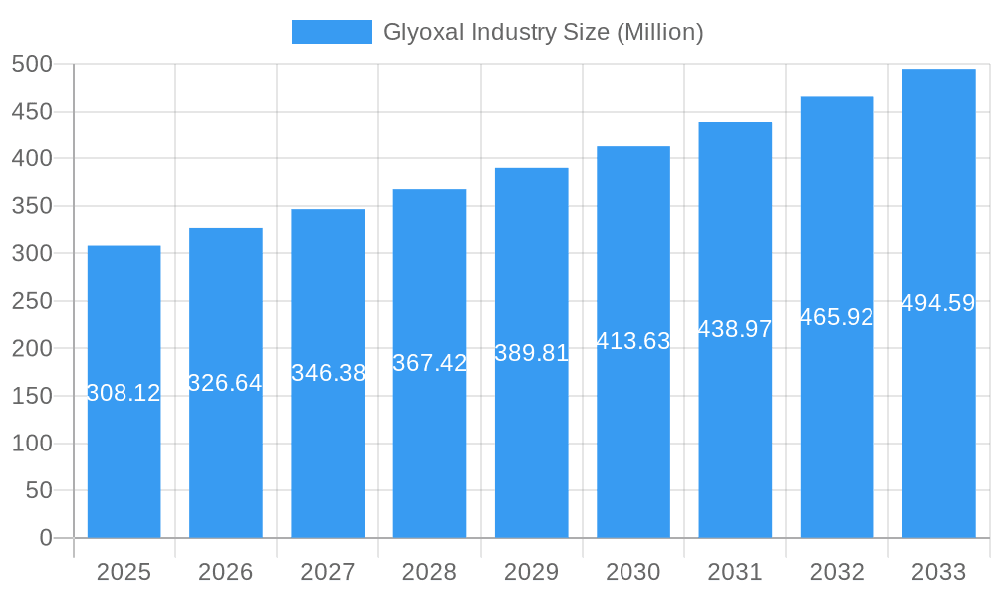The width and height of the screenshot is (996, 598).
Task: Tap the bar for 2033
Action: coord(938,419)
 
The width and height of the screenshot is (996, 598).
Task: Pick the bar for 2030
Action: coord(633,439)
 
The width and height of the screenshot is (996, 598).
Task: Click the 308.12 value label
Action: coord(124,393)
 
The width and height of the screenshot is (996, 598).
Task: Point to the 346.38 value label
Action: coord(328,373)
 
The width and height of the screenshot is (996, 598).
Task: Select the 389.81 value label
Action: coord(532,353)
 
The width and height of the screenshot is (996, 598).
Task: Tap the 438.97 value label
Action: coord(735,329)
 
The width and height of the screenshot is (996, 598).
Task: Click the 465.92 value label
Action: coord(837,317)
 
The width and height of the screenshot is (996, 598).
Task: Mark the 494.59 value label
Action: coord(938,303)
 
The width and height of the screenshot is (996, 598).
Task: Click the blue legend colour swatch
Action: coord(331,32)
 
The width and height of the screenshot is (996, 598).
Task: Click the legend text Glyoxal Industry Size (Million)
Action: coord(544,32)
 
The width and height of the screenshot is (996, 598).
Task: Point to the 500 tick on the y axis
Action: coord(32,64)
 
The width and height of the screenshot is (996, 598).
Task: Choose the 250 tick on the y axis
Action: coord(32,301)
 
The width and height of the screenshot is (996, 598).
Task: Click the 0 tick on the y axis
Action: coord(45,538)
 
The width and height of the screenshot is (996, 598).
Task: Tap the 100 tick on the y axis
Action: coord(32,444)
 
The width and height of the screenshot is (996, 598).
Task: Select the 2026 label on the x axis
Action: coord(226,572)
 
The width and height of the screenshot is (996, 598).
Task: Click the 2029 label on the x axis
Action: coord(532,572)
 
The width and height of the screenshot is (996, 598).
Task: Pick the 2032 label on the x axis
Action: coord(837,572)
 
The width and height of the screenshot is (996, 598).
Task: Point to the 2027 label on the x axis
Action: coord(328,572)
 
